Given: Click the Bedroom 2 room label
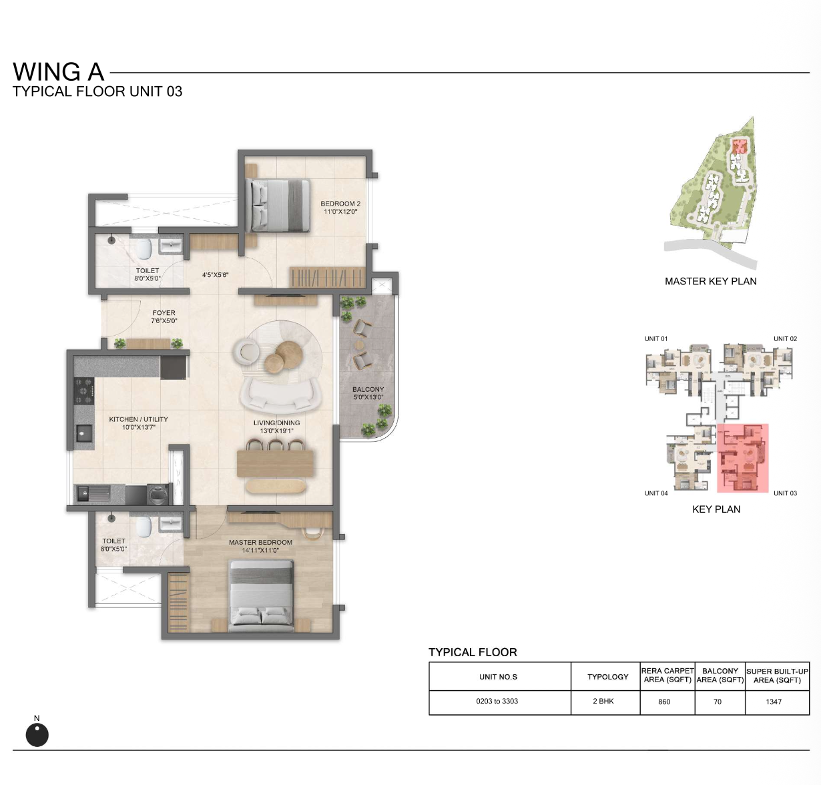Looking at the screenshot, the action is click(x=340, y=208).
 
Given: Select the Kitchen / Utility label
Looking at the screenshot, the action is click(x=138, y=423).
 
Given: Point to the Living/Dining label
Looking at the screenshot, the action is click(x=276, y=427).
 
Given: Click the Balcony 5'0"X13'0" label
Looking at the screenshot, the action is click(x=368, y=393).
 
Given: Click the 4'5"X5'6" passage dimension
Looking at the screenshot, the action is click(x=215, y=274).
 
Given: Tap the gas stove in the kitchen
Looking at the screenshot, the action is click(x=84, y=391).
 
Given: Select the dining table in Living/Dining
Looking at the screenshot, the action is click(x=275, y=464).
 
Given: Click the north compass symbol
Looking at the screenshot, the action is click(x=37, y=734).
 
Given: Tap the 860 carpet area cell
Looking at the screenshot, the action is click(x=664, y=702).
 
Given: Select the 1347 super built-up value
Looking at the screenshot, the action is click(x=774, y=702).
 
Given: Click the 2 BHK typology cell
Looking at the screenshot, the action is click(x=603, y=701).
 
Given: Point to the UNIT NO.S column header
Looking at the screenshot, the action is click(x=498, y=677).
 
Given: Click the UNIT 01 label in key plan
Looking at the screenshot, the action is click(x=656, y=338).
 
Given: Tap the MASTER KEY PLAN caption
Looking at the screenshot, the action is click(x=710, y=281).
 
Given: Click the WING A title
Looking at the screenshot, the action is click(x=58, y=71).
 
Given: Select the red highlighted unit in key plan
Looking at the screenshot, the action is click(x=742, y=458).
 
